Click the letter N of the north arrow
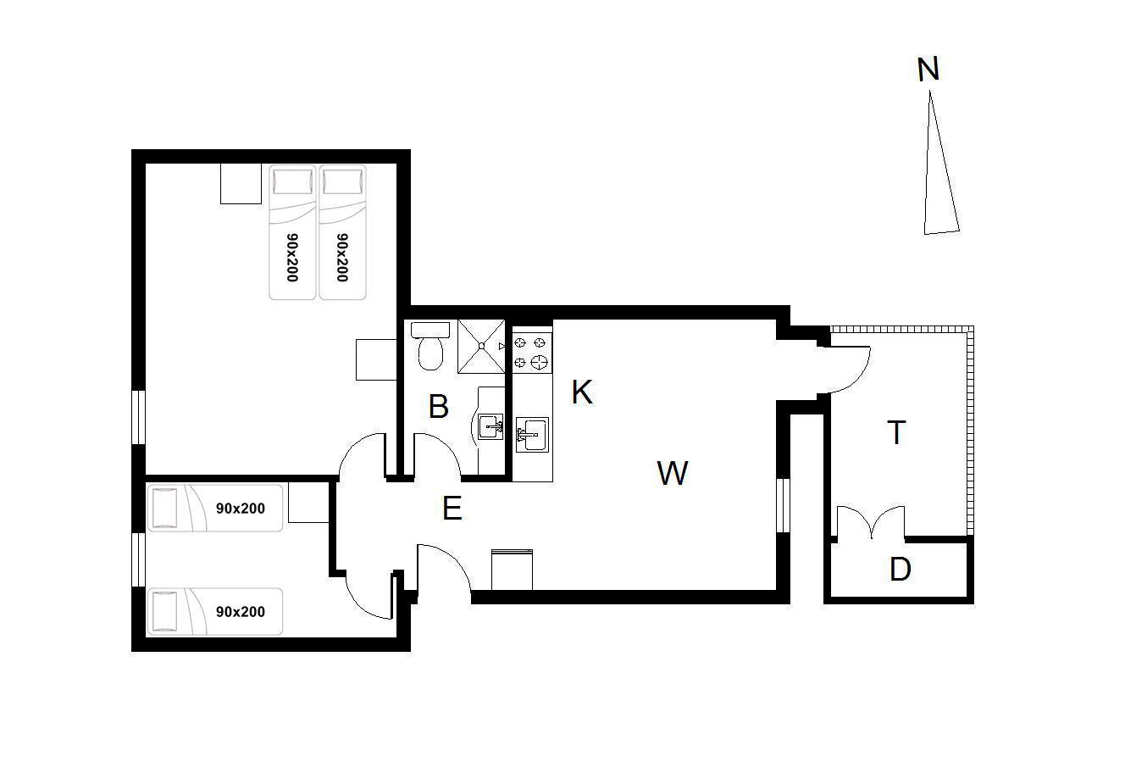click(928, 69)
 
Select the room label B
click(439, 406)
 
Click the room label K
click(582, 392)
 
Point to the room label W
click(673, 473)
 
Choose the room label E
click(452, 509)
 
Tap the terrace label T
click(896, 432)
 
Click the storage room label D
click(900, 570)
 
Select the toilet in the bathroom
click(429, 346)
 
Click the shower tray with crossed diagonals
click(481, 347)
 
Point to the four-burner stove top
click(532, 353)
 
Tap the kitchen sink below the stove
click(532, 435)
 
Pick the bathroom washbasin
click(490, 426)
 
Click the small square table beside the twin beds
click(241, 183)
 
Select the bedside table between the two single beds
click(308, 502)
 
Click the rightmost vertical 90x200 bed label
click(342, 258)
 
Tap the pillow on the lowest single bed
click(164, 612)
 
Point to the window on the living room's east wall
click(783, 505)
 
